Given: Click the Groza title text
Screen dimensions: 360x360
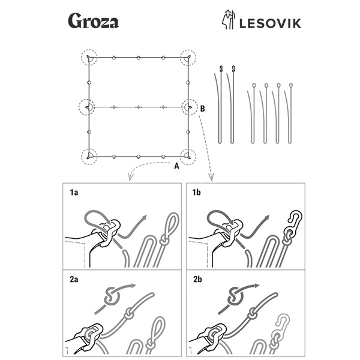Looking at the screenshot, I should point(92,22).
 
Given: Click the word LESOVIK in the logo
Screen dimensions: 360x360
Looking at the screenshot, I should point(269,23).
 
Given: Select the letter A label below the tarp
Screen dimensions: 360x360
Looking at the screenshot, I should point(176,167).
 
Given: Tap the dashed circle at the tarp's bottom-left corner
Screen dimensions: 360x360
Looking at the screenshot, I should point(89,156).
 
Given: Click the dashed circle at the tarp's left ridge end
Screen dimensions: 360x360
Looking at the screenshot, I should point(88,107).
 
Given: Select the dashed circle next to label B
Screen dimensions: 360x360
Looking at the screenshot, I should point(190,107).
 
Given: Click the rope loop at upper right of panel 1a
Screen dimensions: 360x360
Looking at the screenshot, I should point(171,225).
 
